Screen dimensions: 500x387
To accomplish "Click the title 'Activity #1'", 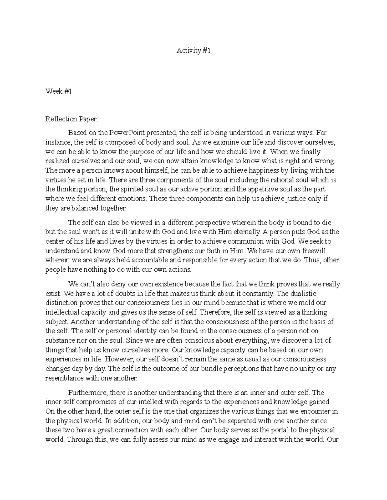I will [x=193, y=51].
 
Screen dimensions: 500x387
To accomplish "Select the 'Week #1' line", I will [x=58, y=91].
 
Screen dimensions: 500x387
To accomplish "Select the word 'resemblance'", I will [x=63, y=378].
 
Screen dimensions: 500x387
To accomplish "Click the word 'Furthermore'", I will [x=87, y=393].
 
